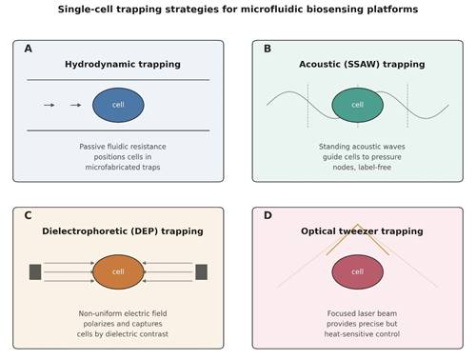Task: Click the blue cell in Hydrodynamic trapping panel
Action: (x=118, y=105)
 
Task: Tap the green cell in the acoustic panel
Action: (x=358, y=105)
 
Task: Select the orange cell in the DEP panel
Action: (x=118, y=272)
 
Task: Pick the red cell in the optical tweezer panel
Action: (x=358, y=272)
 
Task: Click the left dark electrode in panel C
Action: (x=35, y=272)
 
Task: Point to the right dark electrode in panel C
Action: (x=202, y=272)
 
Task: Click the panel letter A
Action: (x=29, y=49)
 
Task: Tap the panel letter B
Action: (x=268, y=49)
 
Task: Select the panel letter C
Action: (x=28, y=215)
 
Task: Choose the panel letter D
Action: (x=268, y=215)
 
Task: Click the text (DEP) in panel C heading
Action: (x=144, y=231)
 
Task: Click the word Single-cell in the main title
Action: (x=85, y=10)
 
